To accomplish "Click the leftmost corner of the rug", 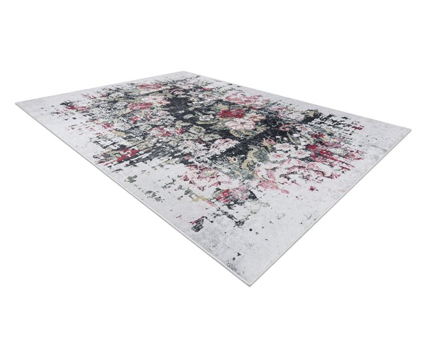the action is [17, 104].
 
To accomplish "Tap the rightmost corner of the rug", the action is [409, 131].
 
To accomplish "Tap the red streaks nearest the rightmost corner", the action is [327, 154].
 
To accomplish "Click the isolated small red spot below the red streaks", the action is [313, 188].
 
